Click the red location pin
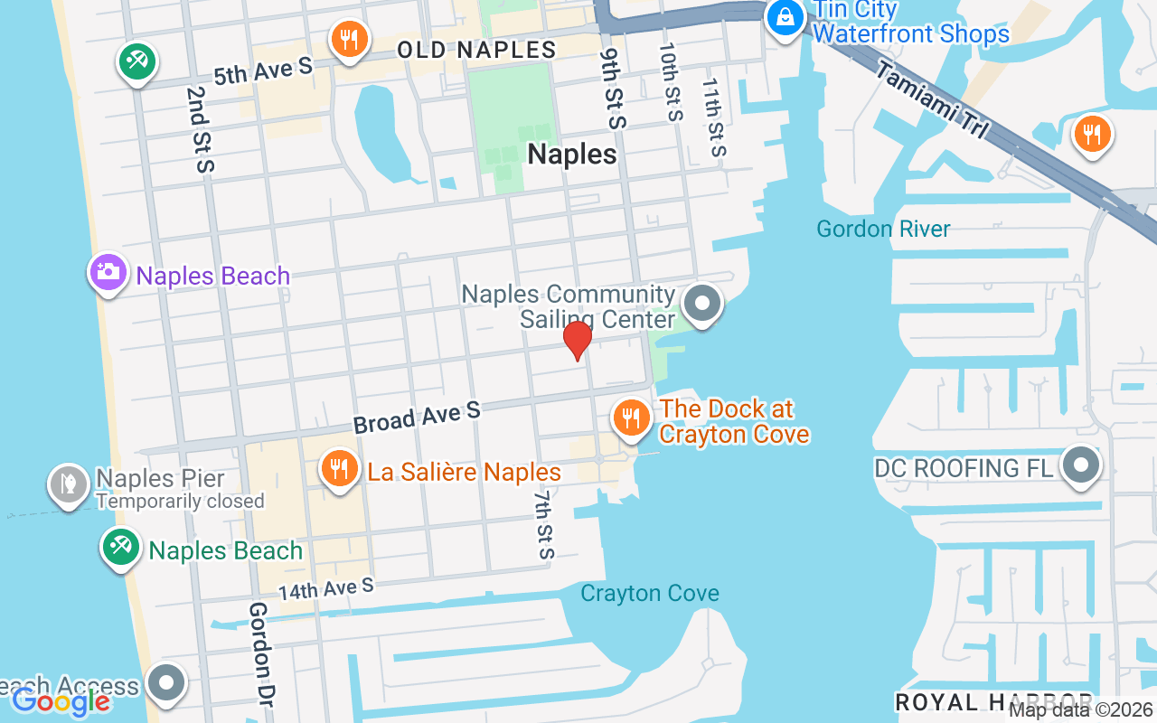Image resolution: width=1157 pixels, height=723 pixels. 577,340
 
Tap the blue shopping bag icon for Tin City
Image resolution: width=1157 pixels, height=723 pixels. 785,17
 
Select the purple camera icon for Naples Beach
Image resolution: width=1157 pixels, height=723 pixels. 108,271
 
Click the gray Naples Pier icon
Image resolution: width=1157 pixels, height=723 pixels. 68,484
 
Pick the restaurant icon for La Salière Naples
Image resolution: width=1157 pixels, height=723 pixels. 339,469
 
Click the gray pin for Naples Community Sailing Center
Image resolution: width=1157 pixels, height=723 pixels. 701,304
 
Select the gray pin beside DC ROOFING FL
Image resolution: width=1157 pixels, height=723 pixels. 1080,466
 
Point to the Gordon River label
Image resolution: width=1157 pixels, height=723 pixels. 883,229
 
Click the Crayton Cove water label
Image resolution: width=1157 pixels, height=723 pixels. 650,594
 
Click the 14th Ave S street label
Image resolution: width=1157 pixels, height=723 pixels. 325,590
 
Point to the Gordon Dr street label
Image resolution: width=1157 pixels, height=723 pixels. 261,653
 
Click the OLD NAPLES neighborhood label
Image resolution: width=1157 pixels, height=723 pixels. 476,50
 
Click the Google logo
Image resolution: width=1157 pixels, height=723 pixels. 61,701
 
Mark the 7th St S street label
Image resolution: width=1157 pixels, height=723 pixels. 542,525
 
